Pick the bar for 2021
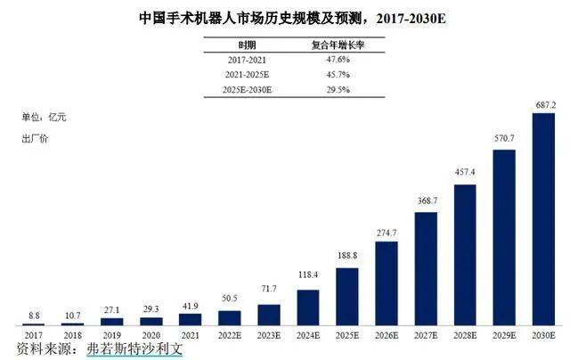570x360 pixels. click(x=190, y=318)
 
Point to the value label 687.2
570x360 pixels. click(x=543, y=105)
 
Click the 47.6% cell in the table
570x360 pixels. click(x=309, y=59)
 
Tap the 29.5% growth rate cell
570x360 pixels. click(x=309, y=89)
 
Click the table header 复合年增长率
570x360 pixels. click(x=309, y=43)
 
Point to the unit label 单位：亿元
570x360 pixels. click(x=45, y=117)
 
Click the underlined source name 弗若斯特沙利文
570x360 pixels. click(x=134, y=348)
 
